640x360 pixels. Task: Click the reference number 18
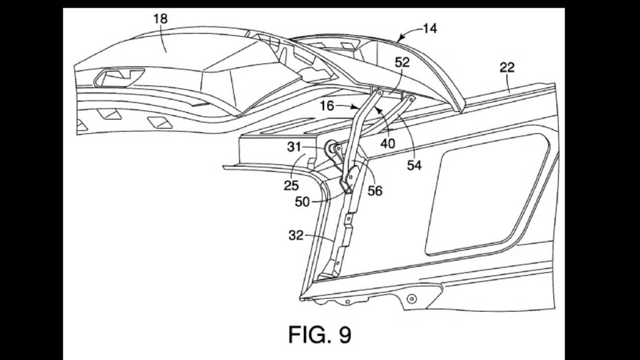click(160, 19)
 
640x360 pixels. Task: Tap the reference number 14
click(430, 29)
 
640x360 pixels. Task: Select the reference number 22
click(507, 68)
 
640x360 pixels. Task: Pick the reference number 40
click(388, 143)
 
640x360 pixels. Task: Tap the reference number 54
click(414, 166)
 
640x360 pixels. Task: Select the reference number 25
click(291, 185)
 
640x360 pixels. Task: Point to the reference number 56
click(375, 190)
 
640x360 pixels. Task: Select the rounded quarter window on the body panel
click(491, 193)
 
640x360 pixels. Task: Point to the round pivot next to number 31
click(329, 147)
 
